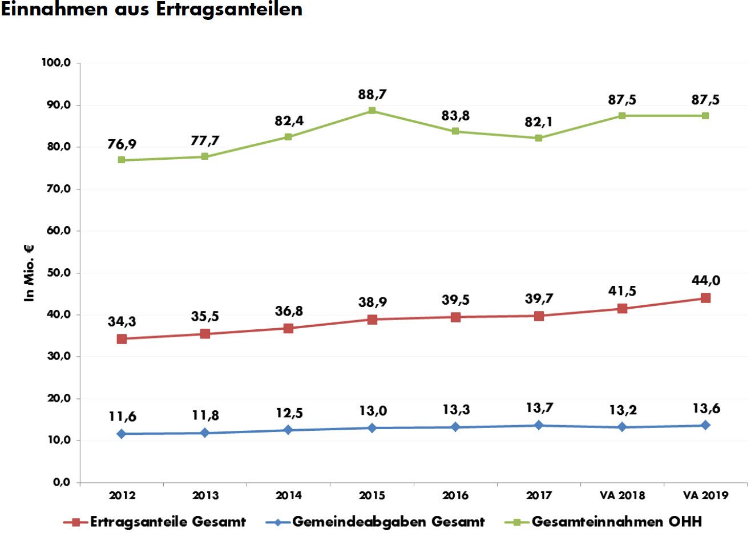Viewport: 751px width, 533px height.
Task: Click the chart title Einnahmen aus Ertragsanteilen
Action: click(x=151, y=10)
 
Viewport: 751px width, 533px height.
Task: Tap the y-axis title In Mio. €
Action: click(x=29, y=273)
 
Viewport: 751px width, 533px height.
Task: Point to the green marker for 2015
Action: click(x=372, y=111)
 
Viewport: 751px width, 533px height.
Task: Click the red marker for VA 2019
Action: click(x=705, y=298)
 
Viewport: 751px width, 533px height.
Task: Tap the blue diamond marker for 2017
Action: click(x=539, y=425)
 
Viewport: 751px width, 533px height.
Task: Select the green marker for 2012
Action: click(x=122, y=160)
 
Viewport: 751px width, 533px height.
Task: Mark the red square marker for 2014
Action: click(x=288, y=328)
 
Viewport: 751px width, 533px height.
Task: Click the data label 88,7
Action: click(x=372, y=95)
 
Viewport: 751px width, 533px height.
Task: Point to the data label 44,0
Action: click(x=706, y=281)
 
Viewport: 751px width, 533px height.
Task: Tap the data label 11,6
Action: click(x=122, y=417)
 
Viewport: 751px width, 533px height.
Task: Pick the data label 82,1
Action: click(x=539, y=122)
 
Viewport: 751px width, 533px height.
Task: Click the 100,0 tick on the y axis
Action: click(x=56, y=63)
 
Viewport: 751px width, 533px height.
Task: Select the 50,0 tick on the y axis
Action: click(x=58, y=273)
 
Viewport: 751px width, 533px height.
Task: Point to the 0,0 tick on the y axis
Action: click(x=62, y=483)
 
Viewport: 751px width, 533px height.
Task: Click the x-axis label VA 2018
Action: click(x=622, y=495)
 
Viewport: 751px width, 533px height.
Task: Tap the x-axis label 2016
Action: click(x=455, y=495)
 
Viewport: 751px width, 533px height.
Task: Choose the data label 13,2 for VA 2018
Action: click(x=622, y=410)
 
